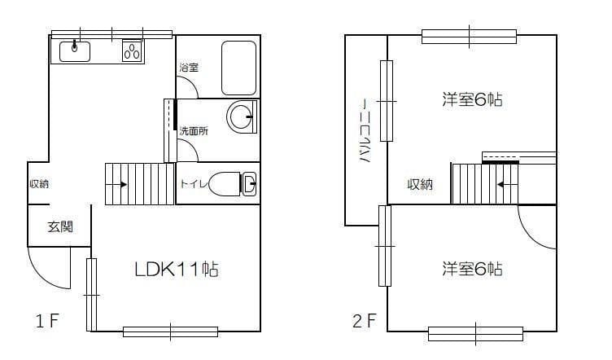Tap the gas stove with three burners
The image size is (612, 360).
coord(132,51)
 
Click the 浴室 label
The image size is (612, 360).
coord(189,69)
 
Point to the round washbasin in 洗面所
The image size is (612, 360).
coord(241,117)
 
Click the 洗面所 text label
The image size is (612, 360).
coord(194,130)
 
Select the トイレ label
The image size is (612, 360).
coord(193,184)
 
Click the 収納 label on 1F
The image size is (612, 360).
coord(38,184)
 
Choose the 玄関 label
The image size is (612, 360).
coord(59,226)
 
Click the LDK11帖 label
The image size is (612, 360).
coord(176,269)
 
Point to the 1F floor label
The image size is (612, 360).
coord(47,320)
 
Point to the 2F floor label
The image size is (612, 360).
coord(364,320)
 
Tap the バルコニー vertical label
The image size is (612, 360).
coord(365,132)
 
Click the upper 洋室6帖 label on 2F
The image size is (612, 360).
coord(471,100)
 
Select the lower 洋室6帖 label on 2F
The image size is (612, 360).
coord(471,268)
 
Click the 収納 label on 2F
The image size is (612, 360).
coord(420,185)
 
